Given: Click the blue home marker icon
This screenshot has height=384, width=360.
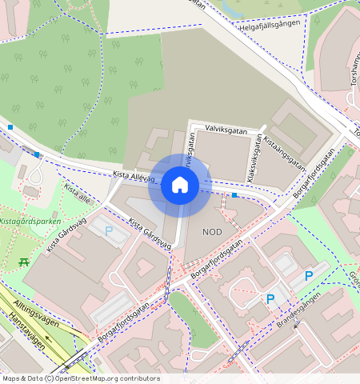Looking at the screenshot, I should [180, 186].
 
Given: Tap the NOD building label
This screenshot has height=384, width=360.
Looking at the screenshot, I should [212, 232].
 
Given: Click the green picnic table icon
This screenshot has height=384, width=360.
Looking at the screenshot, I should [24, 262].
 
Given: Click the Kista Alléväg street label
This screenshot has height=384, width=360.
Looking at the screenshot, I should [133, 176].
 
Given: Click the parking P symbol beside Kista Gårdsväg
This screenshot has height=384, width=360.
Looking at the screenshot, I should [109, 230].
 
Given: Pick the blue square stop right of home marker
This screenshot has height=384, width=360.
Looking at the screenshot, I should [234, 195].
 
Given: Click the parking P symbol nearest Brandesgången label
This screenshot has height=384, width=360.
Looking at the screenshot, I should [270, 299].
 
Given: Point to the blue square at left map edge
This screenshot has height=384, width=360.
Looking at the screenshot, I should [10, 127].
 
